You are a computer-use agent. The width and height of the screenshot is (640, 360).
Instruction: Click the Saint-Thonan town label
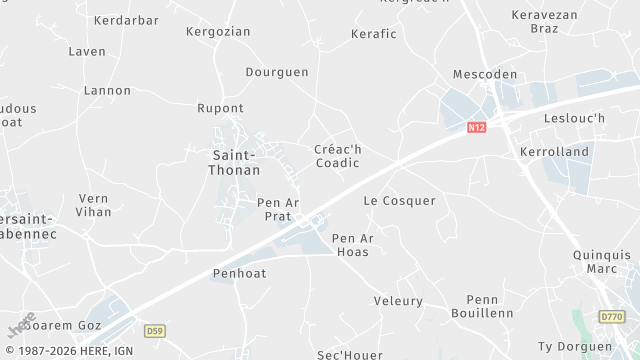click(x=234, y=162)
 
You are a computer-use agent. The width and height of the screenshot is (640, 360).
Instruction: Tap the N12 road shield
click(x=477, y=128)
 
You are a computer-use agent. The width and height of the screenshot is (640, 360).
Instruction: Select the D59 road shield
click(x=154, y=330)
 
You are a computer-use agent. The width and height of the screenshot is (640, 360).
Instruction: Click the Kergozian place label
click(x=218, y=32)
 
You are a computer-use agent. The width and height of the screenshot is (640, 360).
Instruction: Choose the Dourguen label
click(x=277, y=72)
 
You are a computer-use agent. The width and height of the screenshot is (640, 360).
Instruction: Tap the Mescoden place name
click(x=485, y=75)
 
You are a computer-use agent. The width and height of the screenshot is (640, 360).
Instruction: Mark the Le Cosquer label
click(x=399, y=201)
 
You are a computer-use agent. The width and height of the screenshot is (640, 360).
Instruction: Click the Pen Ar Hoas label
click(x=352, y=245)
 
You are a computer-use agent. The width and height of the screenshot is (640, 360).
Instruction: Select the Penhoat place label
click(x=237, y=273)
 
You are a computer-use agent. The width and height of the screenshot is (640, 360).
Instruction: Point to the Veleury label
click(x=398, y=301)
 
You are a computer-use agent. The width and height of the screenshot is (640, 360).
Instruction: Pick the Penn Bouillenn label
click(x=490, y=306)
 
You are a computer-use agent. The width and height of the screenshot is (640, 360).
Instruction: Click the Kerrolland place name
click(x=555, y=152)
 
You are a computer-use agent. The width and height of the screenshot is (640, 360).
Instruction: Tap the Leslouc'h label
click(x=573, y=118)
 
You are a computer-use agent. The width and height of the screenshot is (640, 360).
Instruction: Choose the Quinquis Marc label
click(x=602, y=262)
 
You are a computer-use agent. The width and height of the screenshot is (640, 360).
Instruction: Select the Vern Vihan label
click(x=94, y=205)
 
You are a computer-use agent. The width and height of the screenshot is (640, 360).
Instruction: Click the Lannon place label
click(x=107, y=91)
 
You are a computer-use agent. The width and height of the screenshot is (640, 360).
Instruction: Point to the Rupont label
click(x=220, y=108)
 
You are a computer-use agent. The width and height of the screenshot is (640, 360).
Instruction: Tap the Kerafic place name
click(x=374, y=34)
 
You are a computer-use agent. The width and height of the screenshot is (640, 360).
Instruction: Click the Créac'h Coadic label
click(x=337, y=157)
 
